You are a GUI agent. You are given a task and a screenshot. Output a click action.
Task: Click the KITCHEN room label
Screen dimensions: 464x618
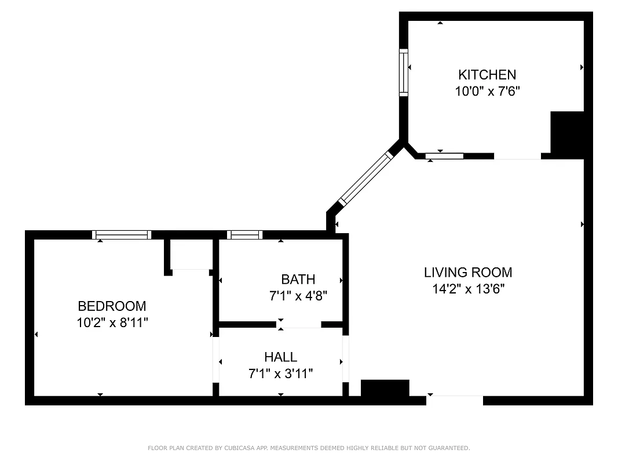tap(487, 75)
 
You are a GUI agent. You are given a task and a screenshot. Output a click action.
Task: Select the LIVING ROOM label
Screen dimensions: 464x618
tap(468, 273)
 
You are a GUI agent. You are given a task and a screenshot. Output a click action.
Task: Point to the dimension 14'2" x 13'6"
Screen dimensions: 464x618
tap(468, 289)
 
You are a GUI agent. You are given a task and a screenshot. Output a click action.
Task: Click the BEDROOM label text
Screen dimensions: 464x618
tap(112, 306)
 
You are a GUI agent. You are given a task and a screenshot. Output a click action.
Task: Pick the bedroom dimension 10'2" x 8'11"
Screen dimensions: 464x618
tap(112, 322)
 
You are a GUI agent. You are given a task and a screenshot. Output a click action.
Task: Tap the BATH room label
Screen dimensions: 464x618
tap(298, 280)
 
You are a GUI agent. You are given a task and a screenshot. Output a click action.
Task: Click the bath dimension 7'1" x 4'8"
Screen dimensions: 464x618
tap(298, 296)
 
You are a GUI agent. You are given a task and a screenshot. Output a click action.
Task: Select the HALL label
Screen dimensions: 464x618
tap(280, 357)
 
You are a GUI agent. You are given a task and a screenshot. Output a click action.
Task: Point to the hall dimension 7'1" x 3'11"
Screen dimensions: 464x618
tap(280, 374)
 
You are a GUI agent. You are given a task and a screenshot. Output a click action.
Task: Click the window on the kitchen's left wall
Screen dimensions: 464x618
tap(404, 72)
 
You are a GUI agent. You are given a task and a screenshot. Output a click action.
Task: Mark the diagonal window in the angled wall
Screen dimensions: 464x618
tap(365, 178)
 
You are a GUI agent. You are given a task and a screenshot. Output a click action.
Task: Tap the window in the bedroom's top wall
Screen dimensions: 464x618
tap(122, 235)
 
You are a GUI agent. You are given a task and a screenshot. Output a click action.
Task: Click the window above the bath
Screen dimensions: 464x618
tap(244, 235)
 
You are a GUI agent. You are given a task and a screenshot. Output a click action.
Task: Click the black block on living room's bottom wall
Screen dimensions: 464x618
tap(385, 388)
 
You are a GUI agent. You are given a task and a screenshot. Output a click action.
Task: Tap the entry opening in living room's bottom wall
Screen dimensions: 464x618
tap(455, 400)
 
